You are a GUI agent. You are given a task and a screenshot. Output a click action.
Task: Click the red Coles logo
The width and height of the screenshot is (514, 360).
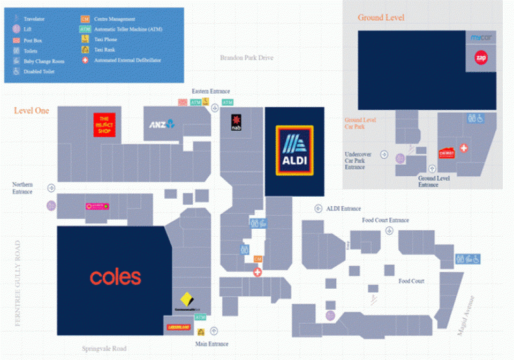click(x=115, y=277)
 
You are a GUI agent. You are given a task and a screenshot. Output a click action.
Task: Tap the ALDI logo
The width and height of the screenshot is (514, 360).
click(x=294, y=151)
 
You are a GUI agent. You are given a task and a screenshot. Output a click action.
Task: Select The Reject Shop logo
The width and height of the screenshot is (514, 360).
click(x=104, y=125)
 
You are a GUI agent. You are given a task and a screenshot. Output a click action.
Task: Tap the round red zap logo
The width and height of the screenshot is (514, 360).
click(x=481, y=58)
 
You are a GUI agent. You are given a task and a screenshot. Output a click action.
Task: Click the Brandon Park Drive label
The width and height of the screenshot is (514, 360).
click(x=246, y=57)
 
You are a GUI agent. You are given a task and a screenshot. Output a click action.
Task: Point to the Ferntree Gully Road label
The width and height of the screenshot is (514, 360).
click(x=18, y=284)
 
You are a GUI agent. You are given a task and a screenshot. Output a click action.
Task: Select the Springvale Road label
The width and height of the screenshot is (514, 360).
click(x=104, y=348)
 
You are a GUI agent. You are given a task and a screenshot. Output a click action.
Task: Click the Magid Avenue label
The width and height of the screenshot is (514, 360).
click(x=466, y=316)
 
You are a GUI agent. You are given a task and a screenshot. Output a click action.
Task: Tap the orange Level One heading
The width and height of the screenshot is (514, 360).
click(x=32, y=111)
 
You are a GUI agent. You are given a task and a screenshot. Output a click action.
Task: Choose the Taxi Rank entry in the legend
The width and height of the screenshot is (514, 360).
click(x=105, y=50)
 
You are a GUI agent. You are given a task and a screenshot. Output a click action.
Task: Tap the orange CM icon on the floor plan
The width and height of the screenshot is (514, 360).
click(x=258, y=259)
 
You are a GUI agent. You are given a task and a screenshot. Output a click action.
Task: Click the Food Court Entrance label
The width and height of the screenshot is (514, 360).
click(x=385, y=220)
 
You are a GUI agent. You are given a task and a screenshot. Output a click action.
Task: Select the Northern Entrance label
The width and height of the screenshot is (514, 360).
click(x=22, y=188)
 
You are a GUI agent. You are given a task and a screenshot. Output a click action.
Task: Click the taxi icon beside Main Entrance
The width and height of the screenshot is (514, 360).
click(x=201, y=332)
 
